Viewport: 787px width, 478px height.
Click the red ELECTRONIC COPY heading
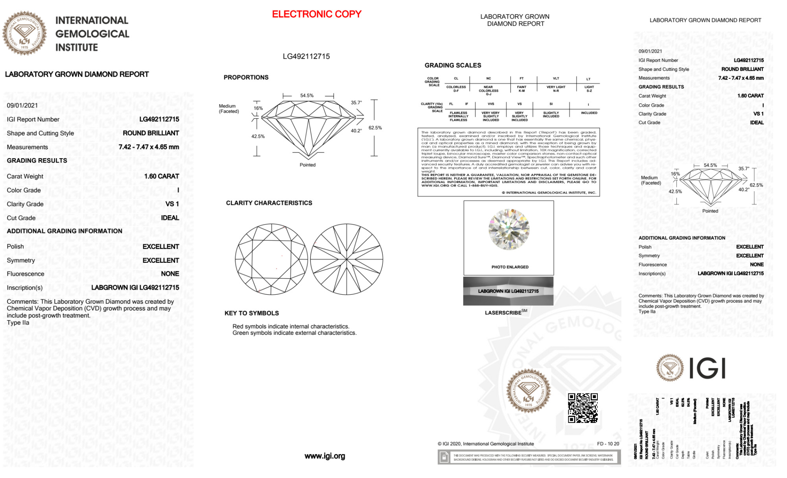(x=317, y=14)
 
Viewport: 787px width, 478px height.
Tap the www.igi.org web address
(x=324, y=456)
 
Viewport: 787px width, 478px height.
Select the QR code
(x=582, y=408)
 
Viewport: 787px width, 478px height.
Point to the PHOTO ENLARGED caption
(x=510, y=267)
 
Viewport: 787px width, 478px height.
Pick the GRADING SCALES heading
(x=453, y=65)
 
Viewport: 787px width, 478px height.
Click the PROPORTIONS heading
(x=246, y=78)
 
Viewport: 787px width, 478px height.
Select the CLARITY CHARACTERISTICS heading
(x=269, y=203)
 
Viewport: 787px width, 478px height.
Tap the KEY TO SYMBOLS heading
(x=252, y=313)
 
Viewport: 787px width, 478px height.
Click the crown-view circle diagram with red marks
(x=271, y=259)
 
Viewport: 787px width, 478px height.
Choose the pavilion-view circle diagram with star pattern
(x=347, y=259)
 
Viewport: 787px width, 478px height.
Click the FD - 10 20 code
(x=608, y=444)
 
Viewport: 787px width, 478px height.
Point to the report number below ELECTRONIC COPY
(x=306, y=56)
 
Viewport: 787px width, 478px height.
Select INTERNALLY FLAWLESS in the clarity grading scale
(x=459, y=116)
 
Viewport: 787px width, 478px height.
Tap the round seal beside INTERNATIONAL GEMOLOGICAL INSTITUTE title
(x=24, y=33)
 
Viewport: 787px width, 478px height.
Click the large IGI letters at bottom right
(x=708, y=368)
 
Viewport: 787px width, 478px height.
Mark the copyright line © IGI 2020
(x=485, y=444)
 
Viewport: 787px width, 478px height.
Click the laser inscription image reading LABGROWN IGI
(x=508, y=291)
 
